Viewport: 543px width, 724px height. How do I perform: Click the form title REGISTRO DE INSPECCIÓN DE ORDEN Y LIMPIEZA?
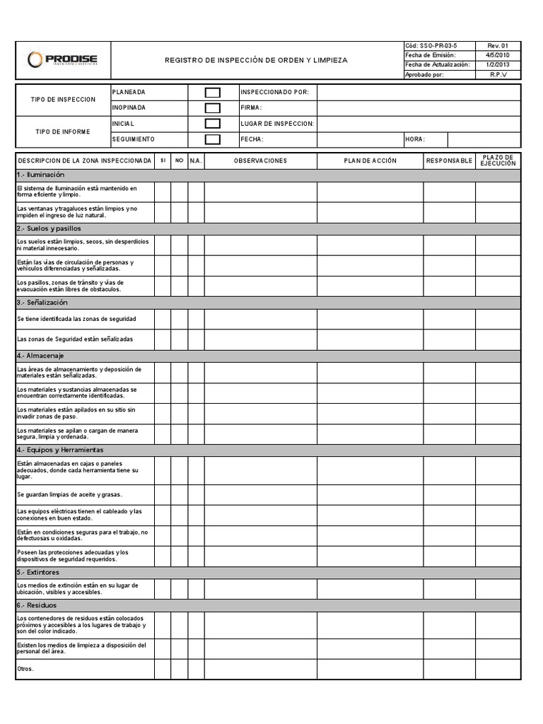tap(256, 61)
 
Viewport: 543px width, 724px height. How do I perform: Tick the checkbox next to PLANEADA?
tap(212, 93)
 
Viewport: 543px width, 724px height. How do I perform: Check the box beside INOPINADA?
tap(212, 108)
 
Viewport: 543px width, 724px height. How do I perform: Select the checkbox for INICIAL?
tap(212, 124)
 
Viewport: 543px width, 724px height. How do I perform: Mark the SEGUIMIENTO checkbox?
tap(212, 139)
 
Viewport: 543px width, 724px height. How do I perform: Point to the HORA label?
tap(416, 139)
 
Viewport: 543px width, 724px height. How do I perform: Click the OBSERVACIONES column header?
tap(260, 160)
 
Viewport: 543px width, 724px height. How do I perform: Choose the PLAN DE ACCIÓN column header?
tap(370, 160)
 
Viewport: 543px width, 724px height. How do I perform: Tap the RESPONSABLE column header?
tap(449, 160)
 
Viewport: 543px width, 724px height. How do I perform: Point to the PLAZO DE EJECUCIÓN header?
tap(498, 160)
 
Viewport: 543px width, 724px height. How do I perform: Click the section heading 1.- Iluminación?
tap(40, 175)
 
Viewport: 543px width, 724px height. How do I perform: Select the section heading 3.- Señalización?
tap(42, 303)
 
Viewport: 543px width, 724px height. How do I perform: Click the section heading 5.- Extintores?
tap(38, 572)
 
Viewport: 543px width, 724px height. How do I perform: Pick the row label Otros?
tap(25, 669)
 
